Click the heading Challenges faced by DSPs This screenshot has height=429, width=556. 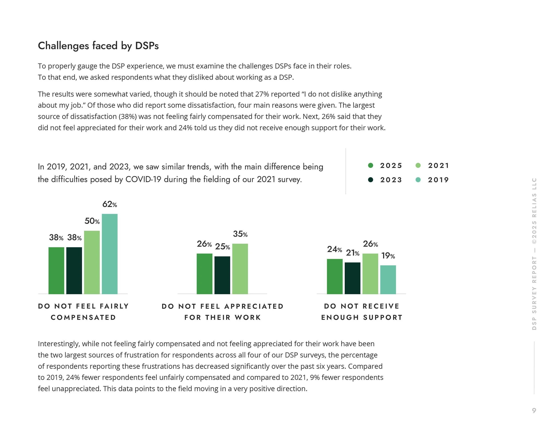(x=98, y=46)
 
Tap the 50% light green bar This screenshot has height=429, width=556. (x=92, y=262)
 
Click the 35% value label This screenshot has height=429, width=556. (x=240, y=234)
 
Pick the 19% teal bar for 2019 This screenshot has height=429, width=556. (x=388, y=280)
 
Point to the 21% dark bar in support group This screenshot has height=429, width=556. (x=352, y=278)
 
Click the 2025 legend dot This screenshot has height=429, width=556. (x=371, y=165)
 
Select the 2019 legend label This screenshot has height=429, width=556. (x=438, y=180)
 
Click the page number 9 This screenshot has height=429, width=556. (x=534, y=410)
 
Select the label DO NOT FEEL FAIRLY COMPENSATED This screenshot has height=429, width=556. (x=83, y=312)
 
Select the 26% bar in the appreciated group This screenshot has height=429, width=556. (x=204, y=274)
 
